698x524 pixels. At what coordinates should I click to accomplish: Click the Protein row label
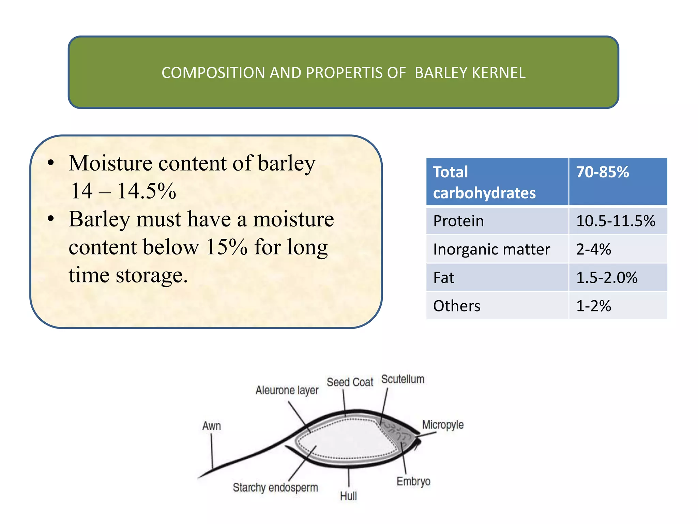[x=458, y=221]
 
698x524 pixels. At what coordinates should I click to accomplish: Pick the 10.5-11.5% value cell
[x=616, y=221]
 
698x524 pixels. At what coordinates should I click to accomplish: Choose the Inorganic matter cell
[x=491, y=249]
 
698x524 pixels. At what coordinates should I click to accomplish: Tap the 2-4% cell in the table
[x=593, y=249]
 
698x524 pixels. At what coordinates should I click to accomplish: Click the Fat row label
[x=443, y=278]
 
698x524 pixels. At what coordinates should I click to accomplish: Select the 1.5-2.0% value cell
[x=607, y=278]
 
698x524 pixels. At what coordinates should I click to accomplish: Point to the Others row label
[x=457, y=306]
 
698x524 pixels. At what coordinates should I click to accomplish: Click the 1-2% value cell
[x=593, y=306]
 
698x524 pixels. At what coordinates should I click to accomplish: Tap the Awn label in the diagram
[x=212, y=426]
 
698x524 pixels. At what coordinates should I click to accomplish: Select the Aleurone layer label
[x=287, y=390]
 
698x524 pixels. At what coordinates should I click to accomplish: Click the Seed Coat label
[x=350, y=382]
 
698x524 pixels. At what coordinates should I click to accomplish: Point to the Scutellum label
[x=403, y=379]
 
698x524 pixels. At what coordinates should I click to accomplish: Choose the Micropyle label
[x=443, y=425]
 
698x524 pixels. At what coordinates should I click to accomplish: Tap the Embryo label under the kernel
[x=413, y=481]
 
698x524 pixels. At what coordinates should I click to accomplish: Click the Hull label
[x=348, y=496]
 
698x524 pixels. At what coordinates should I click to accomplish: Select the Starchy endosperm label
[x=275, y=487]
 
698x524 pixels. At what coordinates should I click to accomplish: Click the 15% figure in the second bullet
[x=227, y=247]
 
